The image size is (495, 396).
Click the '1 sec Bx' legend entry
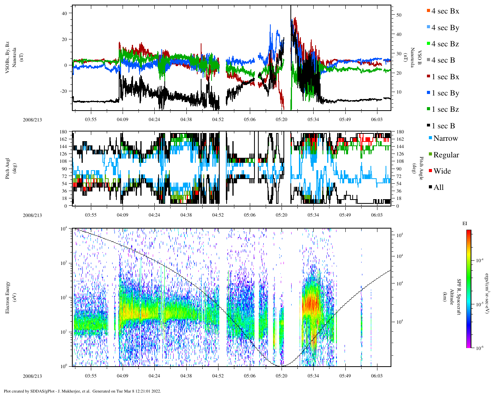[x=445, y=77]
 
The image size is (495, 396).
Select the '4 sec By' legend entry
[x=445, y=28]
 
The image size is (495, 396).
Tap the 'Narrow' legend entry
[x=445, y=138]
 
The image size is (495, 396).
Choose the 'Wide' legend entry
[x=442, y=171]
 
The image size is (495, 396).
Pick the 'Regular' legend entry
[x=446, y=155]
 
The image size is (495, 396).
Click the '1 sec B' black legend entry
[x=443, y=126]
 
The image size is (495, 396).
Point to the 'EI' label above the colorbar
[x=465, y=224]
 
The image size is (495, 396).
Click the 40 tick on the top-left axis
[x=65, y=13]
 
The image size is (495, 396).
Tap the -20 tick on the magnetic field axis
[x=63, y=91]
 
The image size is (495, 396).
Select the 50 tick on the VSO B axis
[x=399, y=15]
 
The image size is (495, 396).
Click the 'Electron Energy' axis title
[x=8, y=297]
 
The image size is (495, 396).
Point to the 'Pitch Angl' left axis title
[x=8, y=168]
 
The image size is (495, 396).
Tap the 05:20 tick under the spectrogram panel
[x=282, y=376]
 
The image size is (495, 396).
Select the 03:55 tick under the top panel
[x=90, y=119]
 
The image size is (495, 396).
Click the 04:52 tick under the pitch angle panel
[x=218, y=215]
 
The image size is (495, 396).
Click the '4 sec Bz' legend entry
[x=445, y=44]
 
